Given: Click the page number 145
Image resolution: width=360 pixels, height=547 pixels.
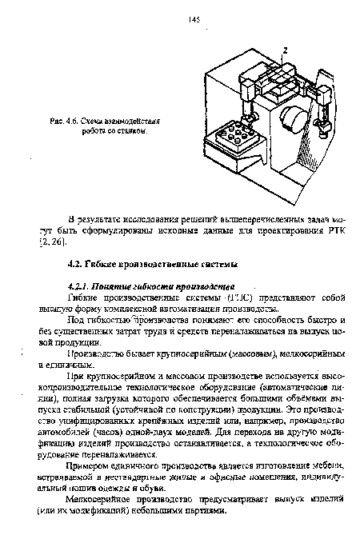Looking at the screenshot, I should point(194,18).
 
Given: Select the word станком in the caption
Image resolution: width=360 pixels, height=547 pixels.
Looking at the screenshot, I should point(133,127).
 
